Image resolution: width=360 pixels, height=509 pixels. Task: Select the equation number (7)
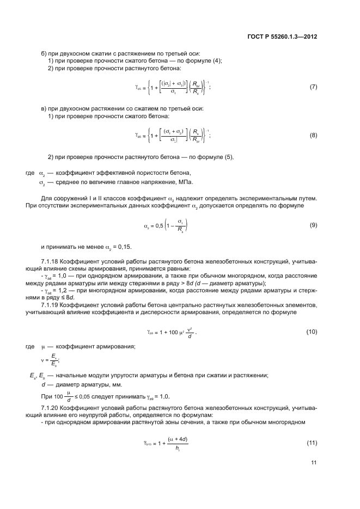(x=313, y=87)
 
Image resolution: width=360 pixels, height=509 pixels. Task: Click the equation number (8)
(x=313, y=135)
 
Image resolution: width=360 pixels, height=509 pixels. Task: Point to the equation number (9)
(x=313, y=225)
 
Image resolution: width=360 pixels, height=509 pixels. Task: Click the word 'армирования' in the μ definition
(x=118, y=346)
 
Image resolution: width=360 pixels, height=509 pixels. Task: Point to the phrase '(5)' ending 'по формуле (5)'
(x=227, y=157)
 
